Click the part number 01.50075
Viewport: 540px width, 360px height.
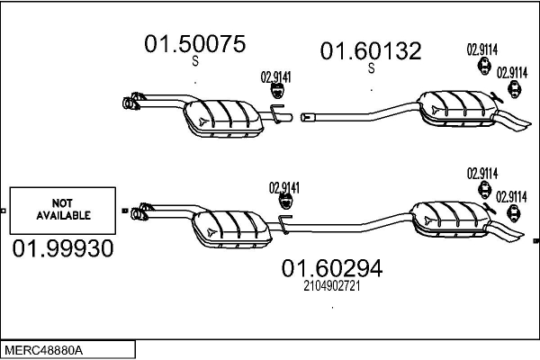(x=195, y=44)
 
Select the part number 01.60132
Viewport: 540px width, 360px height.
(x=371, y=51)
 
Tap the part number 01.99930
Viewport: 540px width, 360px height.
(x=63, y=248)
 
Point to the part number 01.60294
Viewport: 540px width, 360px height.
(x=332, y=268)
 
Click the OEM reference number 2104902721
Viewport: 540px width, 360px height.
(x=332, y=286)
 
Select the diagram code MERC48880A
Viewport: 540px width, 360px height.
(x=44, y=351)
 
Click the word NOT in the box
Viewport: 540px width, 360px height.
(x=62, y=202)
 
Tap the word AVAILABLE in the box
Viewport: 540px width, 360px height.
(x=63, y=216)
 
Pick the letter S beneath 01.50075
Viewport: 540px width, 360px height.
(x=195, y=61)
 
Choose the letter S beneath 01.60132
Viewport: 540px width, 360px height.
(x=371, y=68)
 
